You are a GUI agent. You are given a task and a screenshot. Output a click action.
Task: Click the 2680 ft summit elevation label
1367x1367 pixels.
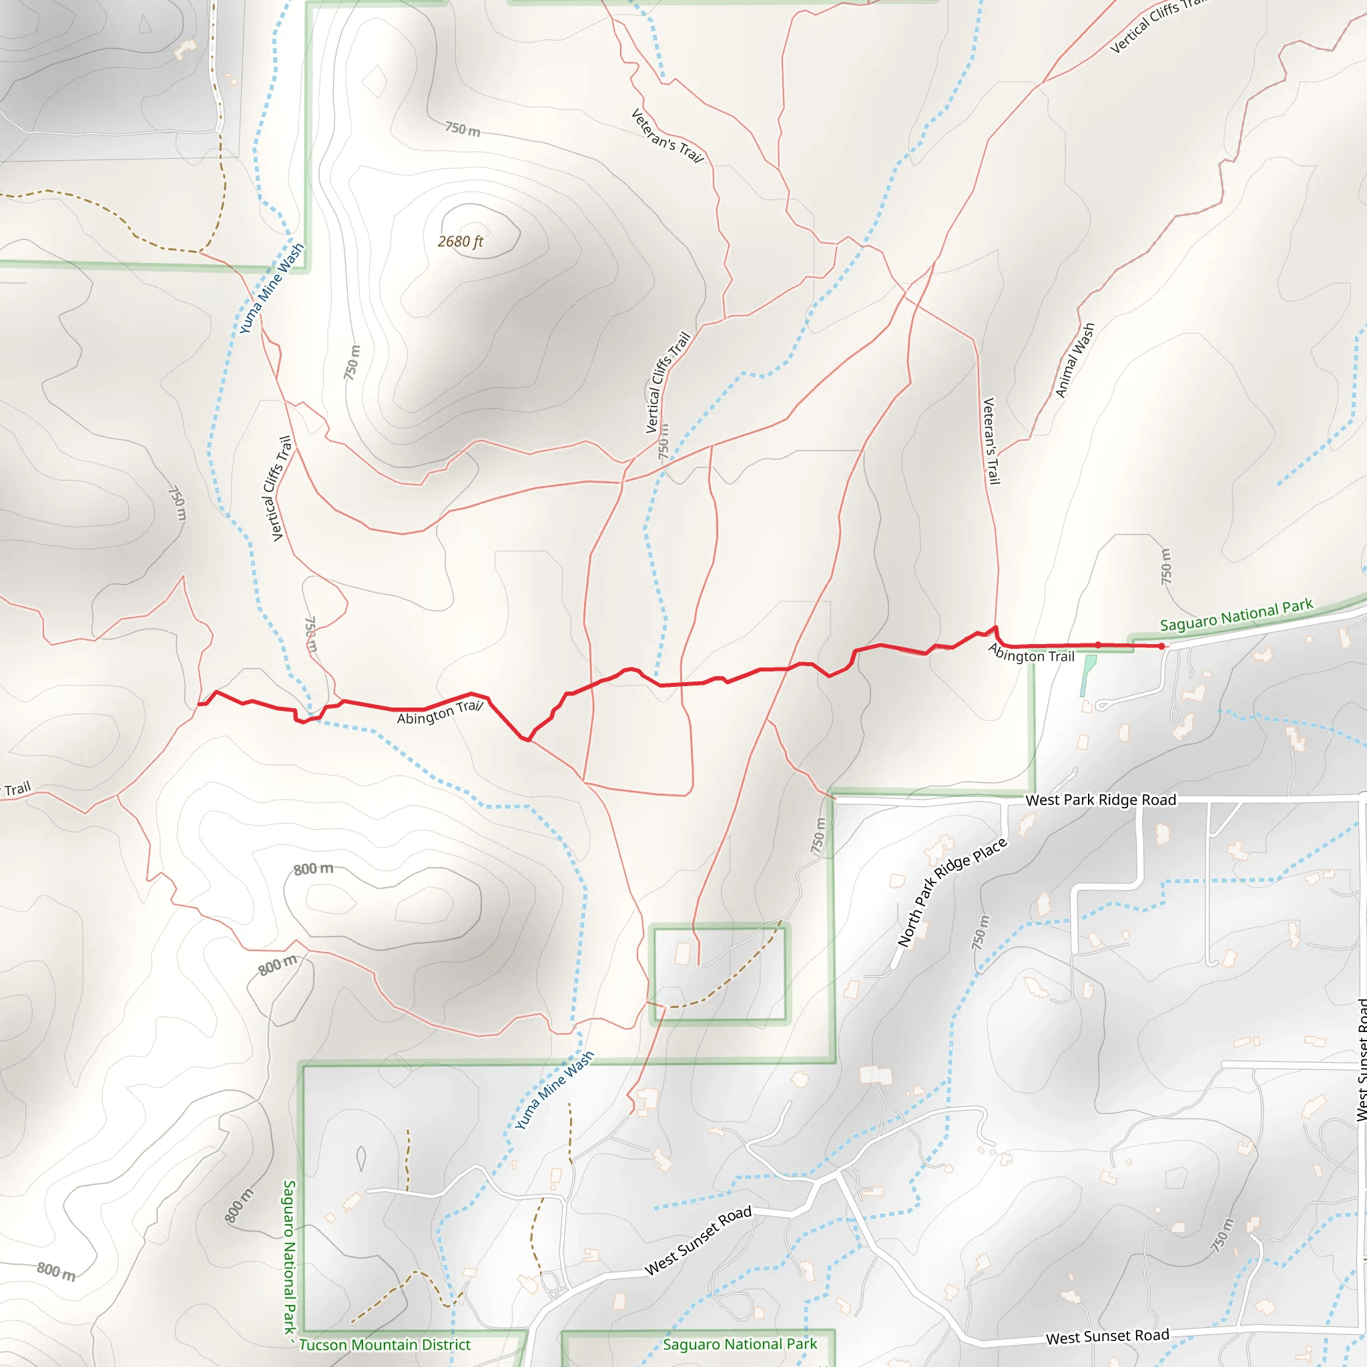[460, 241]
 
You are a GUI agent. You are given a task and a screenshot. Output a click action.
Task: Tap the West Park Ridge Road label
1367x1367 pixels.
[1100, 800]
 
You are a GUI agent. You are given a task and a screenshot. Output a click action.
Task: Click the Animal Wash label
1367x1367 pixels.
[1074, 360]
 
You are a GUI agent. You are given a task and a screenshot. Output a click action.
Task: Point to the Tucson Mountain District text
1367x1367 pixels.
[384, 1344]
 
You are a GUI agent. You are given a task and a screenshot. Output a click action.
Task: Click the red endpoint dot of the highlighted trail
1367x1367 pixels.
[1162, 646]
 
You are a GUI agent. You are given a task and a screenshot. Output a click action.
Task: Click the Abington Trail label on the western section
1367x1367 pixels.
[439, 712]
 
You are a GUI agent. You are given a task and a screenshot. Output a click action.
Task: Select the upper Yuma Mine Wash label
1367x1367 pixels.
[271, 288]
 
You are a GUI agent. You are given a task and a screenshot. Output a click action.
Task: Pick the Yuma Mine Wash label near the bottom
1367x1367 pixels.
[553, 1091]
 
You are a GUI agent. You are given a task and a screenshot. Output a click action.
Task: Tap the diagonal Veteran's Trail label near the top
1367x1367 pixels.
[667, 136]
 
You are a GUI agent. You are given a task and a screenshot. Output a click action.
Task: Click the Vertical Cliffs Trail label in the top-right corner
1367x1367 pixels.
[1157, 26]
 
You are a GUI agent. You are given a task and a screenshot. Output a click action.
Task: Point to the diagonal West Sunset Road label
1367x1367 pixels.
[698, 1241]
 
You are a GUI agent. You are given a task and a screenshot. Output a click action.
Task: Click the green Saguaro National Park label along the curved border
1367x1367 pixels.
[1236, 615]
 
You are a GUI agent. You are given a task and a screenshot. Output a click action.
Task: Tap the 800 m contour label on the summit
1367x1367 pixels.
[314, 868]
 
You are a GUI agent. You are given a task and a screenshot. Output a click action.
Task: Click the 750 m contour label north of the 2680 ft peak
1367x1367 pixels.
[462, 129]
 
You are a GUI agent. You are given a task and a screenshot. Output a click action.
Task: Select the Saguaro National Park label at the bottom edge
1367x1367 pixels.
[740, 1344]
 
